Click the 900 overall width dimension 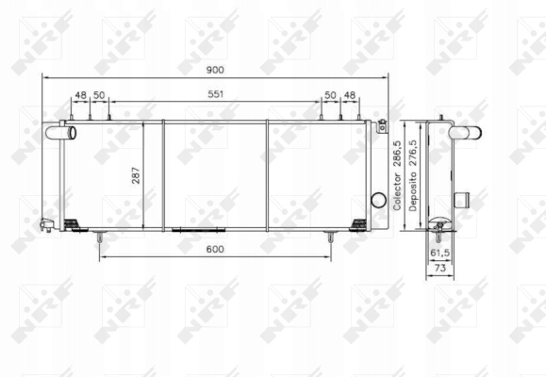215,70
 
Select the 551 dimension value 216,94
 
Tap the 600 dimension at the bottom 215,249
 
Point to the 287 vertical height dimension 136,175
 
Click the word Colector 397,191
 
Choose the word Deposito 413,191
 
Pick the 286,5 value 397,153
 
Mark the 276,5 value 413,153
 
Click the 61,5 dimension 439,253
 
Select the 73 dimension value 440,268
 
